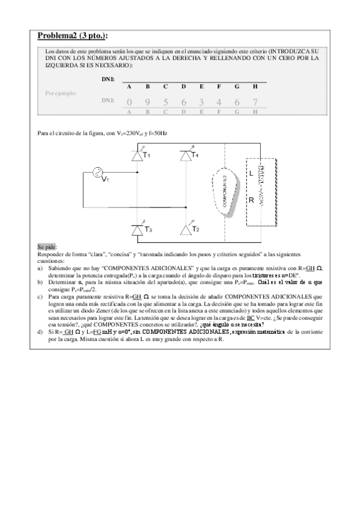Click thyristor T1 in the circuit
pos(137,156)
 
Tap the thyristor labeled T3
pos(137,229)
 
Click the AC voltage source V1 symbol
pos(96,173)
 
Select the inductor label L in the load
pos(251,173)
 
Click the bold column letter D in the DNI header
pos(183,87)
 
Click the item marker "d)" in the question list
pos(40,331)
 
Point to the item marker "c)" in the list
pos(40,296)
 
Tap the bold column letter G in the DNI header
pos(237,87)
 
